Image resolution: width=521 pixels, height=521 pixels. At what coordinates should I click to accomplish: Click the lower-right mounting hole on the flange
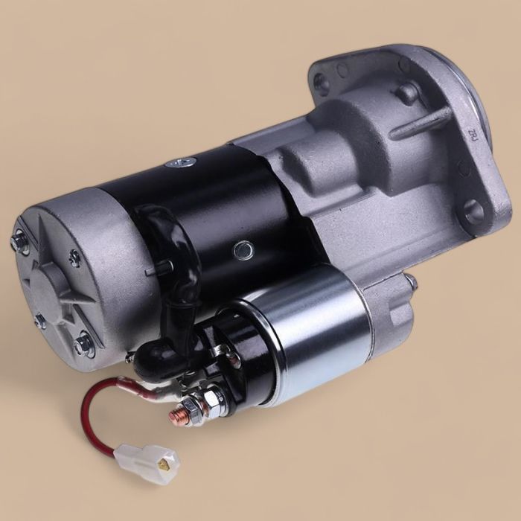click(473, 212)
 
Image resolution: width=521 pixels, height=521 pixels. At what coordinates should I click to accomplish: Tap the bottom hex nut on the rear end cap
click(83, 345)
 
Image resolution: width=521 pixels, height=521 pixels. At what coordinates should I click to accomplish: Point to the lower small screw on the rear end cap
click(40, 321)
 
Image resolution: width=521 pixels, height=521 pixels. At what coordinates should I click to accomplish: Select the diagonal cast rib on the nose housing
click(421, 123)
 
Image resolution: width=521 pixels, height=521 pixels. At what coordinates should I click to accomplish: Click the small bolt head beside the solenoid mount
click(409, 281)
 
